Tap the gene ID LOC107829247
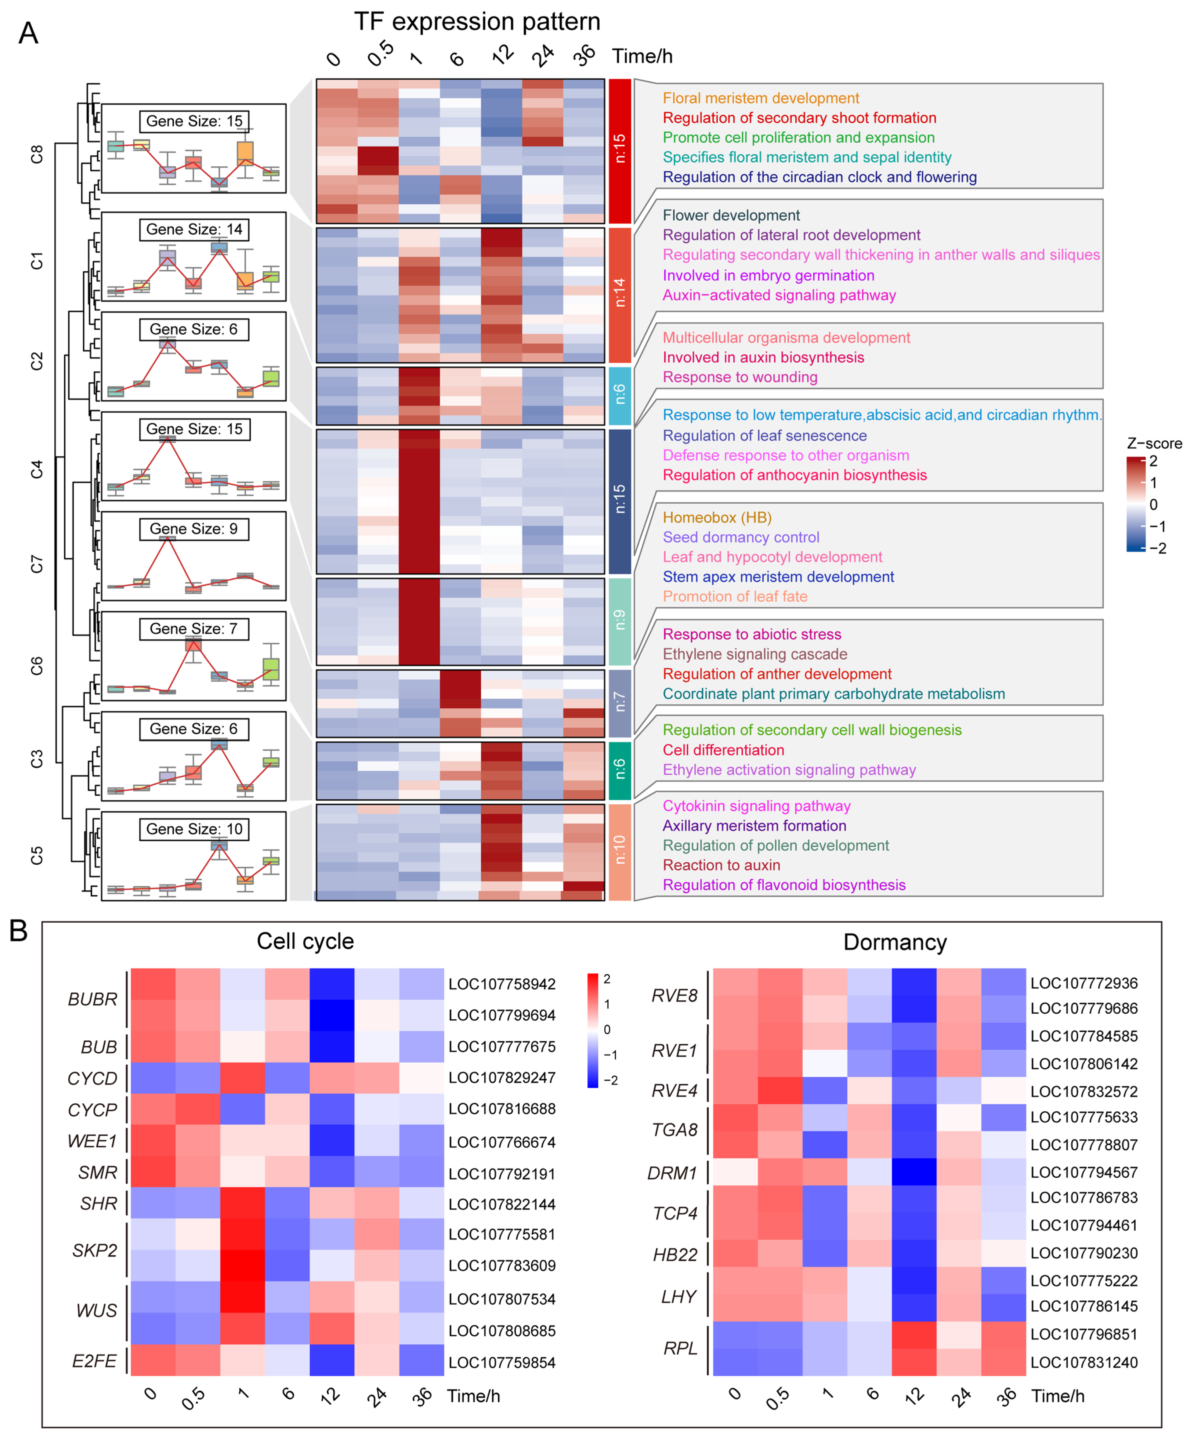point(501,1078)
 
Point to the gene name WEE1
point(92,1141)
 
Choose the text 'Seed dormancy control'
point(740,537)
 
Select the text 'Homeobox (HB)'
point(716,517)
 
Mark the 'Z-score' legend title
point(1154,443)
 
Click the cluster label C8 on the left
point(37,155)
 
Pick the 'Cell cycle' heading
point(305,942)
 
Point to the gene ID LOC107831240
point(1084,1363)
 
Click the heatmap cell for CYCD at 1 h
point(242,1078)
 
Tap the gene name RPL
point(679,1348)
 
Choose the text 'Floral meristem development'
point(760,98)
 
